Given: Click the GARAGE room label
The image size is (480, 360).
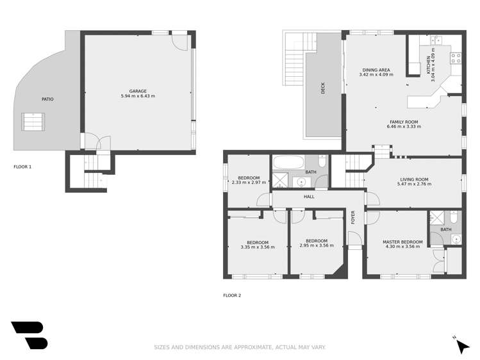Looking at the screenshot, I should pyautogui.click(x=138, y=91).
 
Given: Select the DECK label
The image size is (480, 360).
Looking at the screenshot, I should pyautogui.click(x=322, y=88).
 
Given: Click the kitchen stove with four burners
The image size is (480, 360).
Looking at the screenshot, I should pyautogui.click(x=456, y=58).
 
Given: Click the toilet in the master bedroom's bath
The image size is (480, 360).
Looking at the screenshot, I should pyautogui.click(x=454, y=216).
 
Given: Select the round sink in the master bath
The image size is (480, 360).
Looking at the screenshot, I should pyautogui.click(x=455, y=240).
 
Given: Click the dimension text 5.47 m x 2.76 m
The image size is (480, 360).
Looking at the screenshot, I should pyautogui.click(x=413, y=184).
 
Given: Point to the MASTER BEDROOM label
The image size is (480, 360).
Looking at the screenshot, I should pyautogui.click(x=401, y=241).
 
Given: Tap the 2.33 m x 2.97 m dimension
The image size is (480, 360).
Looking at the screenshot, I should pyautogui.click(x=249, y=183).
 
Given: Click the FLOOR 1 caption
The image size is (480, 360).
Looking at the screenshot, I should pyautogui.click(x=22, y=167).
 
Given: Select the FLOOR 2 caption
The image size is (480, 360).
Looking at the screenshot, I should pyautogui.click(x=231, y=295).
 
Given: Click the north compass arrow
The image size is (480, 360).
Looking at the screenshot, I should pyautogui.click(x=462, y=347).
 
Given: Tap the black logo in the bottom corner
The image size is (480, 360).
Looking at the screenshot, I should pyautogui.click(x=29, y=335).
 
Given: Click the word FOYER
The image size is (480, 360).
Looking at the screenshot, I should pyautogui.click(x=352, y=217).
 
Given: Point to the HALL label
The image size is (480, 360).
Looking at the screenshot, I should pyautogui.click(x=309, y=197).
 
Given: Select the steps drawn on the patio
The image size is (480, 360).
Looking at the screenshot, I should pyautogui.click(x=33, y=121).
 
